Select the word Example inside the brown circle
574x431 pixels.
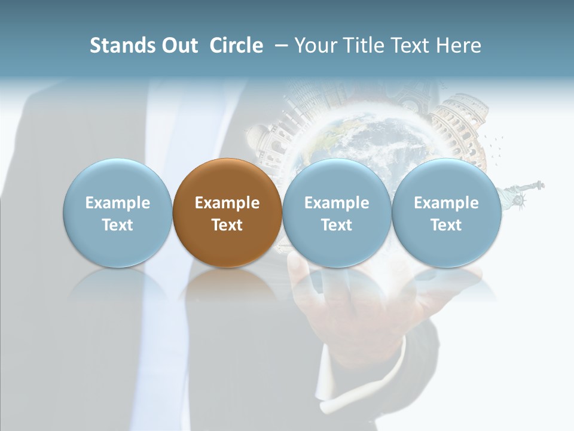227,203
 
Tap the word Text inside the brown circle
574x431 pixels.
227,225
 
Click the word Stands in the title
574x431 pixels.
123,45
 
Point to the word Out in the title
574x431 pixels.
178,45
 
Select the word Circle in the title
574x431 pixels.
236,45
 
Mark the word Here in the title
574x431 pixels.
459,45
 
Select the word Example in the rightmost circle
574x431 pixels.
446,203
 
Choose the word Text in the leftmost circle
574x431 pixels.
118,225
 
